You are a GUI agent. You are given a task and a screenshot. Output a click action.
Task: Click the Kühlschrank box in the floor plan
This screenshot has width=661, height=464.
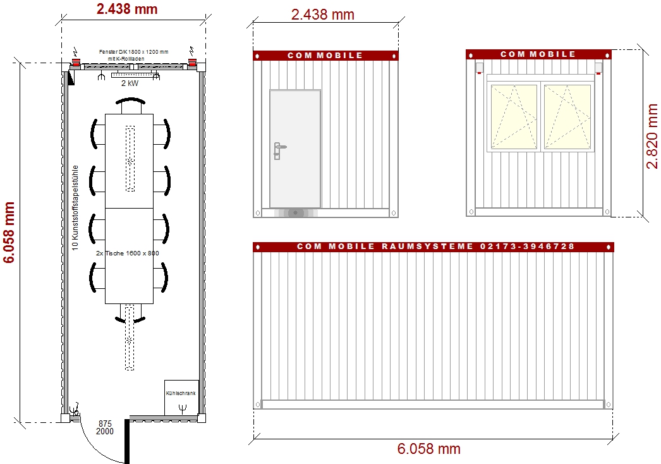click(181, 397)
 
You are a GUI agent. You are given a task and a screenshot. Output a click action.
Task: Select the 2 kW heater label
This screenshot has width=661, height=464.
click(130, 83)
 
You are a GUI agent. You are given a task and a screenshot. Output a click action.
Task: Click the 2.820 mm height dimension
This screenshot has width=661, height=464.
click(651, 136)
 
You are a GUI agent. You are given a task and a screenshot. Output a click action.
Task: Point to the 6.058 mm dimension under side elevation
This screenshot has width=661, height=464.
click(428, 449)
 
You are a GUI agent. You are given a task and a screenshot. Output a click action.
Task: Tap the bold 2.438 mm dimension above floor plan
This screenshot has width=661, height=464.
click(127, 9)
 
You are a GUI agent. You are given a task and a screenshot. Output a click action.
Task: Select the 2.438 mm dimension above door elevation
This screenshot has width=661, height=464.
click(322, 15)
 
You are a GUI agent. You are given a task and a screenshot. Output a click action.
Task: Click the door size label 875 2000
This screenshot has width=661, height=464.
click(106, 427)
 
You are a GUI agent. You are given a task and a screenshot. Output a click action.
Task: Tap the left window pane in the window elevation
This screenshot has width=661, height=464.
click(513, 117)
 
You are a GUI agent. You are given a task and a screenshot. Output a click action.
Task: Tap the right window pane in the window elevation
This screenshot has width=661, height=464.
click(567, 117)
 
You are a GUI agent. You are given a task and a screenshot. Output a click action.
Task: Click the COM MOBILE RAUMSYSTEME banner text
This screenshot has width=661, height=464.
click(435, 247)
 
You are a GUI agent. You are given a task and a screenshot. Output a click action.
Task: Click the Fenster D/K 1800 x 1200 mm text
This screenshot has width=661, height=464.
click(133, 51)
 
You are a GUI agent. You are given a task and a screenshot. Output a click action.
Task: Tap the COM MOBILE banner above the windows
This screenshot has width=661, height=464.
click(538, 54)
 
